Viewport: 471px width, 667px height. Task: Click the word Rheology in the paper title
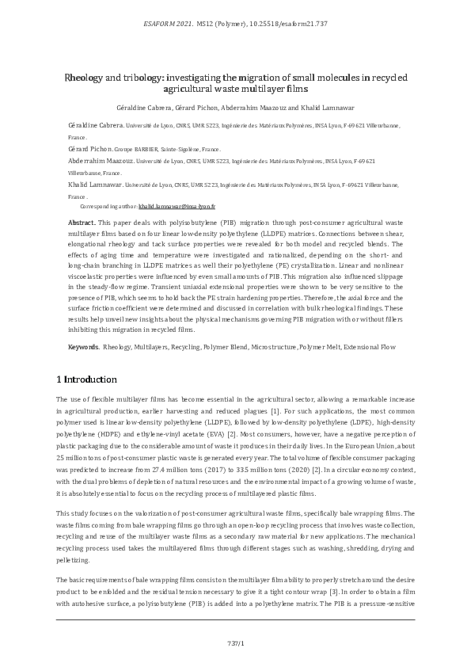(x=86, y=78)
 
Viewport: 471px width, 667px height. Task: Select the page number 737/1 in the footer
(x=235, y=642)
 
